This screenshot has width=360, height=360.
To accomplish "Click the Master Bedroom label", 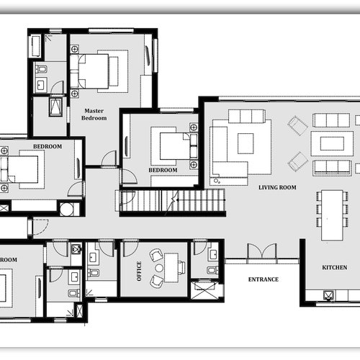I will pos(94,114).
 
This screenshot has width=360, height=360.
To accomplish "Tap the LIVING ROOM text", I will pos(277,187).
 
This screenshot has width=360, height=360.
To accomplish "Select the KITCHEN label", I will pos(334,267).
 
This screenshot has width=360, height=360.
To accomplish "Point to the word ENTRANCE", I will pos(263,279).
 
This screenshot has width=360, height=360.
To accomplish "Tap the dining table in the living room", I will pos(332,214).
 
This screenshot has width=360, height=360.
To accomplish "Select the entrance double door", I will pos(261,253).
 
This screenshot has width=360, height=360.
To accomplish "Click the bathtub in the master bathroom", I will pos(35,46).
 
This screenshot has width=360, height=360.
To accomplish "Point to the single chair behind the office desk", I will pos(182,268).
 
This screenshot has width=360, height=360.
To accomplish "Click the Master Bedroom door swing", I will pos(109,158).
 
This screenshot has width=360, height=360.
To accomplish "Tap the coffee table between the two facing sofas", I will pos(332,143).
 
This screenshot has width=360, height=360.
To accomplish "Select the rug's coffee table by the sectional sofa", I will pos(246,143).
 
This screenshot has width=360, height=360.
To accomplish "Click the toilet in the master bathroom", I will pos(41,69).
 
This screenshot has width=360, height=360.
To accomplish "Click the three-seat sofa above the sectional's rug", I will pos(247,116).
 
